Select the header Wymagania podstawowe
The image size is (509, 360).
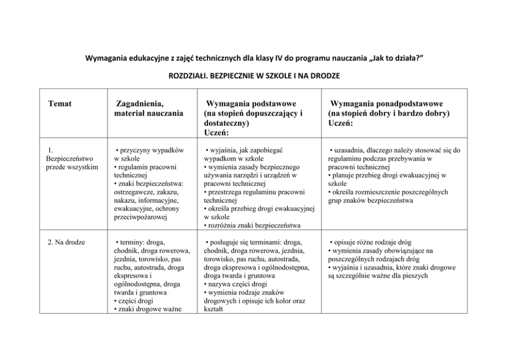tap(250, 104)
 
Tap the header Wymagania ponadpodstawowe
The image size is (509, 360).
tap(387, 104)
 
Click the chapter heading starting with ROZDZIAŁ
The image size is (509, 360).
tap(254, 76)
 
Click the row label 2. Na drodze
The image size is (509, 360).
tap(66, 242)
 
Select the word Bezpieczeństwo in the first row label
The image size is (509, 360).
tap(70, 159)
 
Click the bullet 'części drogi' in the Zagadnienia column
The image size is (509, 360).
tap(135, 300)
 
